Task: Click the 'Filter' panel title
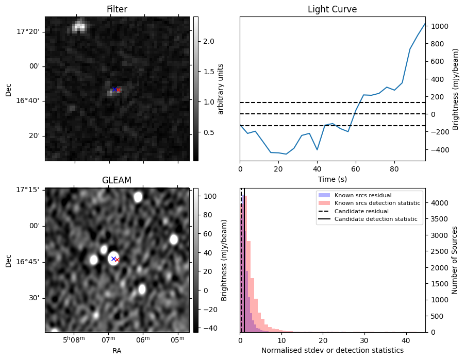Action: pos(117,9)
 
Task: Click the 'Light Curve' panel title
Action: pos(332,9)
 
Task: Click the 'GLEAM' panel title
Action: pos(117,180)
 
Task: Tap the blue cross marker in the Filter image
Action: pos(114,90)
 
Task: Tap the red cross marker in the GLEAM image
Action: pos(118,260)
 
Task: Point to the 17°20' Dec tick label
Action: pos(28,31)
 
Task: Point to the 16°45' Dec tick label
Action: pos(28,262)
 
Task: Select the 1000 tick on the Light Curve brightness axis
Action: pos(440,26)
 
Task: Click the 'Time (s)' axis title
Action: pos(332,180)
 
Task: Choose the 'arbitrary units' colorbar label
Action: pos(221,89)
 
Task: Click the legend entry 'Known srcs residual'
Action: pos(362,195)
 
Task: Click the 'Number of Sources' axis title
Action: pos(455,260)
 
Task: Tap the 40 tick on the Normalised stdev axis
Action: pos(405,340)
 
